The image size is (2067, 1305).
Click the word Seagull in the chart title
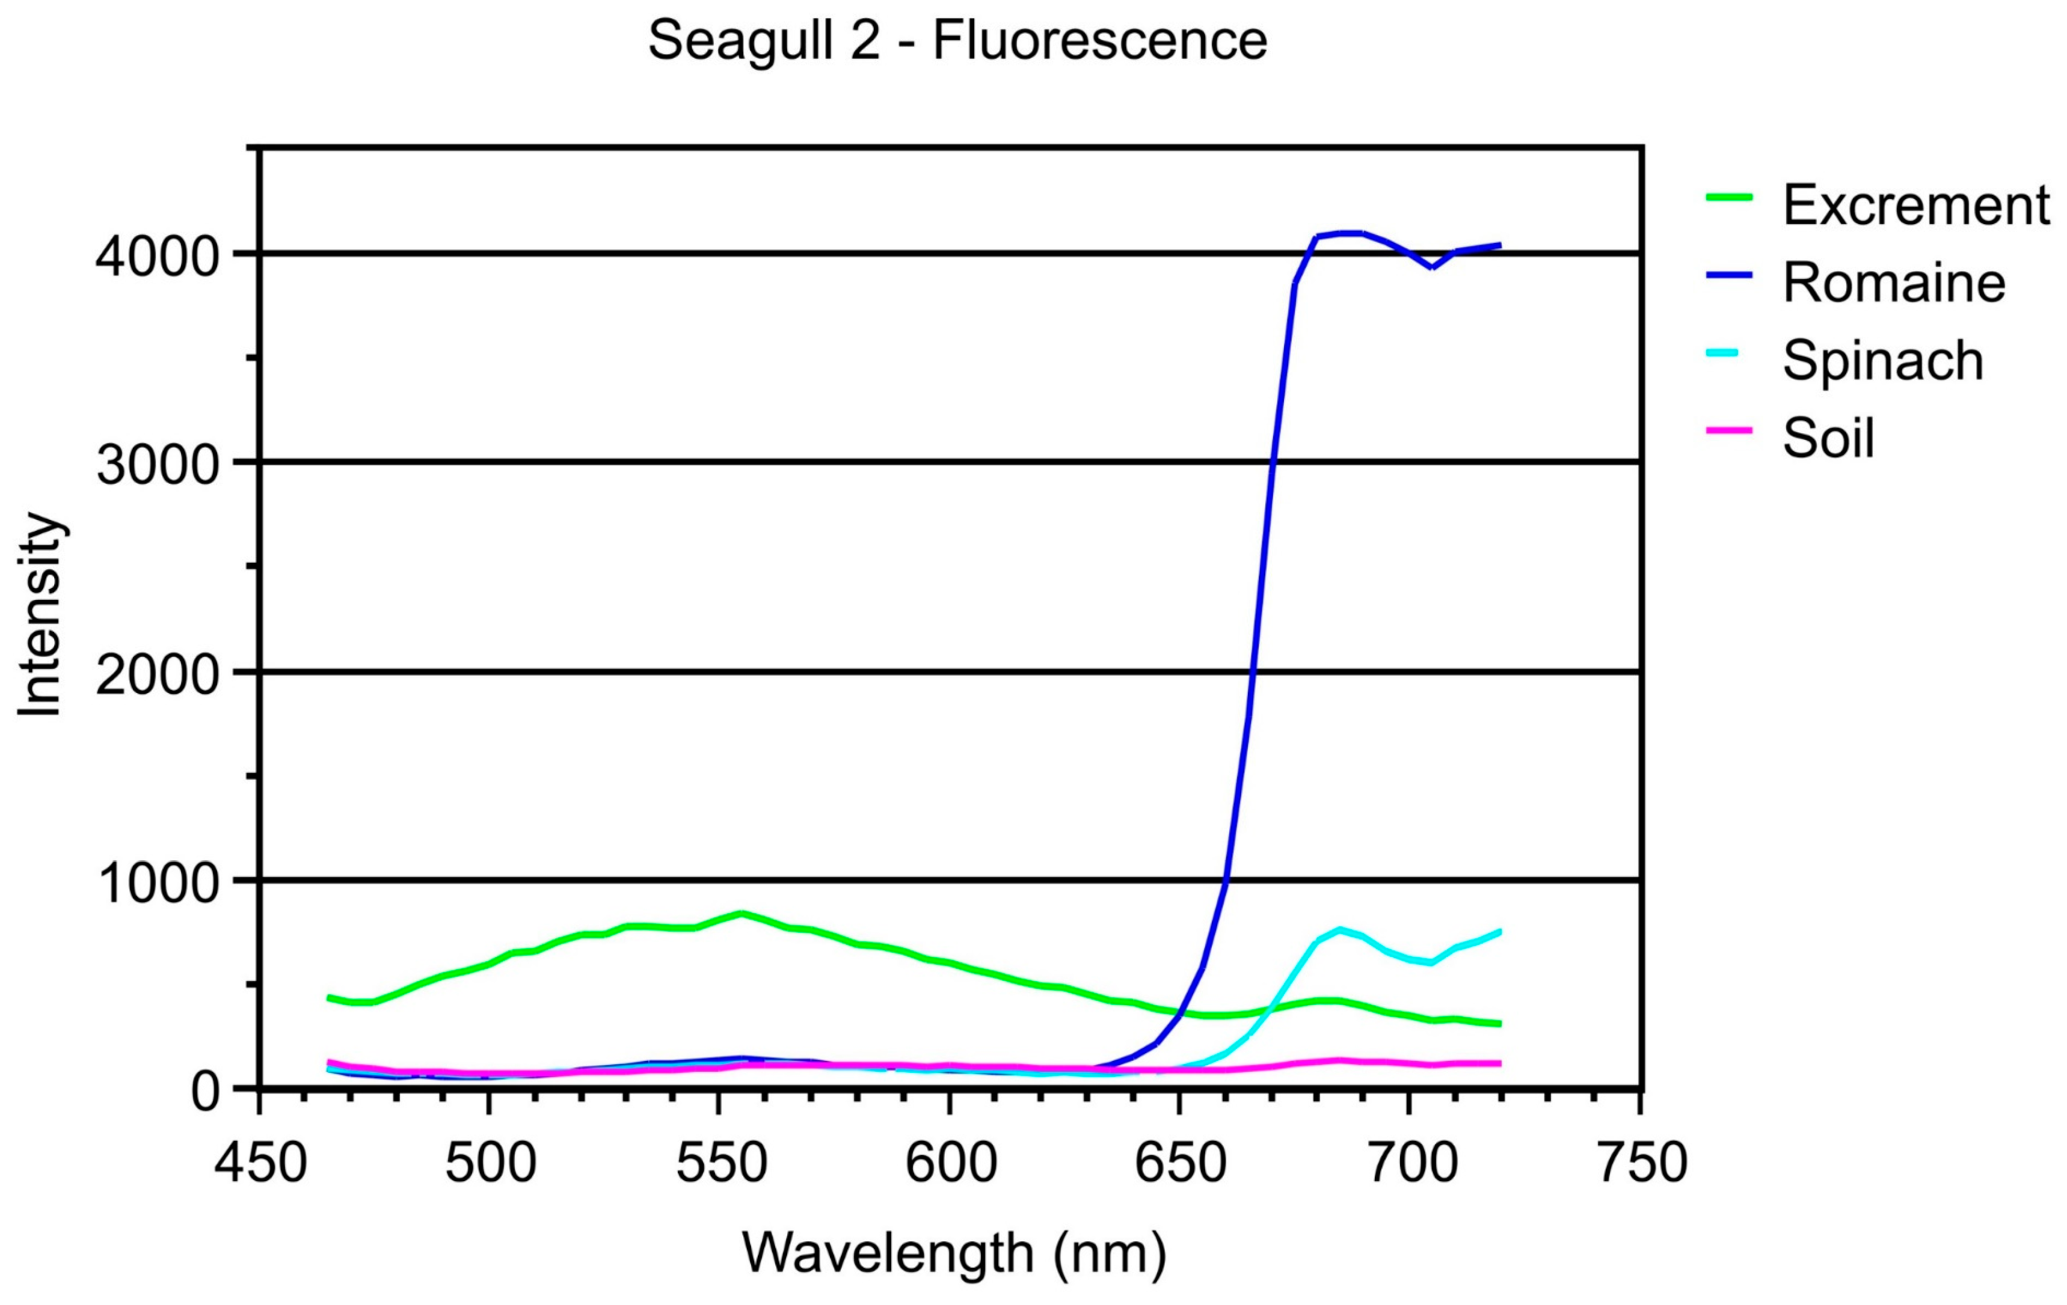764,40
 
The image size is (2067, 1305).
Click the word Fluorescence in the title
1099,40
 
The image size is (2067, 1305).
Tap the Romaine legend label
1894,283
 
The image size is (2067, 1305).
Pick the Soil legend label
1828,438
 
